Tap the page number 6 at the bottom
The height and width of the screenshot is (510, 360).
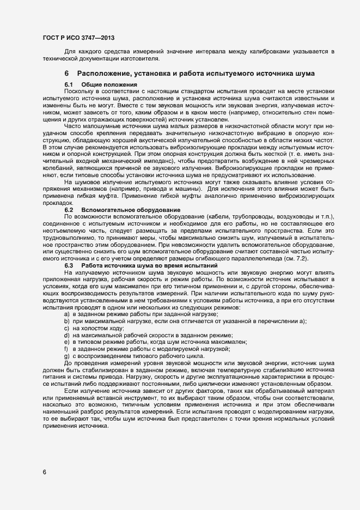tap(44, 472)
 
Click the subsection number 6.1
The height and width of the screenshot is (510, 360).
tap(69, 84)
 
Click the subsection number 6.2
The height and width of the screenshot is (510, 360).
tap(69, 210)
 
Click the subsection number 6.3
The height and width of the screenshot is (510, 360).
tap(69, 264)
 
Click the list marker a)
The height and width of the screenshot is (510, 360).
tap(66, 314)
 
